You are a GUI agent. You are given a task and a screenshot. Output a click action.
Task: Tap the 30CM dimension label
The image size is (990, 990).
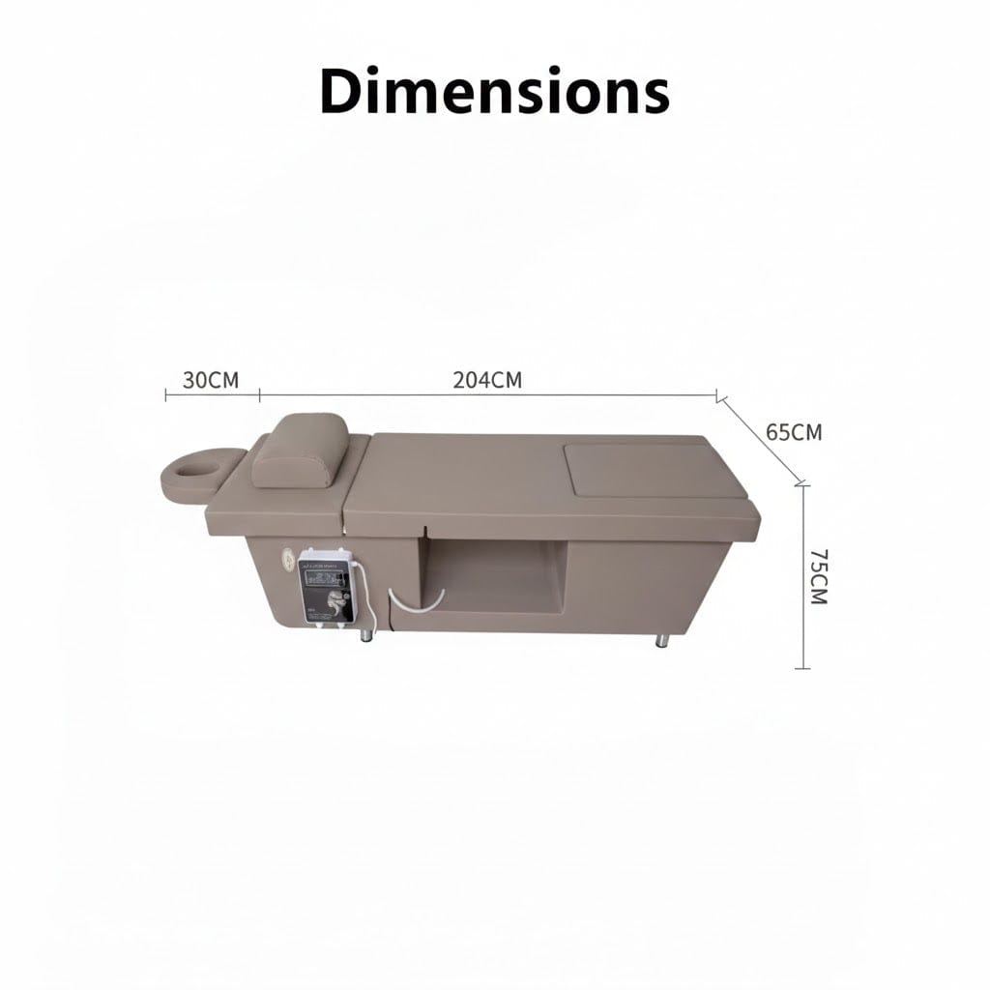[211, 380]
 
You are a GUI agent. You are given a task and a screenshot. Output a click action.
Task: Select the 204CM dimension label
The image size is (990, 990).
[487, 380]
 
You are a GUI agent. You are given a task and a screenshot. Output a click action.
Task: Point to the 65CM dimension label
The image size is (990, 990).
[794, 432]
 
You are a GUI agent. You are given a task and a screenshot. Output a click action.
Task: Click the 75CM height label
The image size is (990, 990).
[819, 576]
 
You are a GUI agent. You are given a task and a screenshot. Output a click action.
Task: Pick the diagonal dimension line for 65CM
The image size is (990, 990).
[760, 440]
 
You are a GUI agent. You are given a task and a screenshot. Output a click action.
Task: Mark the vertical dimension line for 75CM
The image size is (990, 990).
[802, 576]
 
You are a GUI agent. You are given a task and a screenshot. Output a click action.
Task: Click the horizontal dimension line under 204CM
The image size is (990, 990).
[488, 395]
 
